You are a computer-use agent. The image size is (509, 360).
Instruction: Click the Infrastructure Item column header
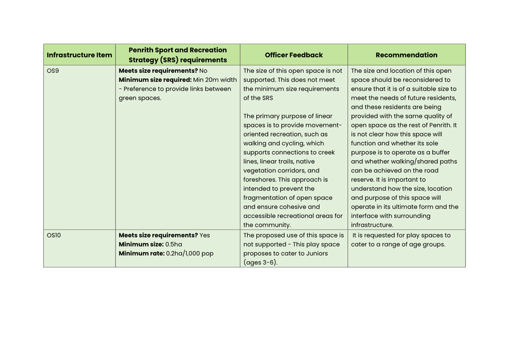[x=80, y=55]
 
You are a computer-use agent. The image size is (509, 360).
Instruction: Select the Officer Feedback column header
[x=293, y=55]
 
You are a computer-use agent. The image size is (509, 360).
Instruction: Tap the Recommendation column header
[x=406, y=55]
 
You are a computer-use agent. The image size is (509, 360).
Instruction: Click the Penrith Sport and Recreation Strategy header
[x=177, y=55]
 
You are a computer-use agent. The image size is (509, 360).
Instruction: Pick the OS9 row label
[x=53, y=71]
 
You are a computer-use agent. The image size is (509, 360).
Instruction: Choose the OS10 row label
[x=54, y=235]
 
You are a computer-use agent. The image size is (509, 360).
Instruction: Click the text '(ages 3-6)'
[x=261, y=262]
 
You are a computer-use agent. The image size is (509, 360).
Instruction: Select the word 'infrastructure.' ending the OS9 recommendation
[x=372, y=225]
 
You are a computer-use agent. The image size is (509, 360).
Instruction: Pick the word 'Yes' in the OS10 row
[x=205, y=235]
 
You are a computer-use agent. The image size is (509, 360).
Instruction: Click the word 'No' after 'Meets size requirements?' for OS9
[x=203, y=71]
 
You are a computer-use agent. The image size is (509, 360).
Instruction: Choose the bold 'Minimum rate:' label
[x=142, y=254]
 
